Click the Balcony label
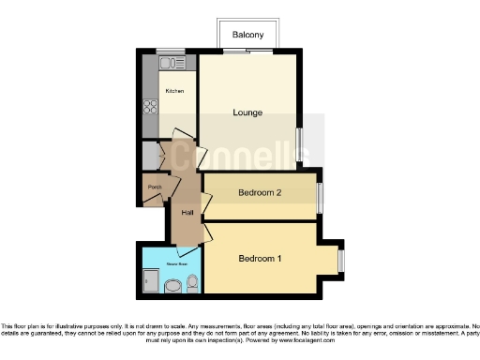click(248, 35)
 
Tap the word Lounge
click(247, 113)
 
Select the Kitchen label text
click(174, 91)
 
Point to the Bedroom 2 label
click(260, 193)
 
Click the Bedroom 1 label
click(260, 259)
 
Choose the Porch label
click(153, 187)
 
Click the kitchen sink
click(171, 64)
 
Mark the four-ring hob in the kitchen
click(150, 106)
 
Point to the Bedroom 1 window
click(341, 260)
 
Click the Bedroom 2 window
click(320, 196)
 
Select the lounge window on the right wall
click(299, 144)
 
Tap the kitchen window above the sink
click(170, 52)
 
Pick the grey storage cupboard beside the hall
click(149, 154)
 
